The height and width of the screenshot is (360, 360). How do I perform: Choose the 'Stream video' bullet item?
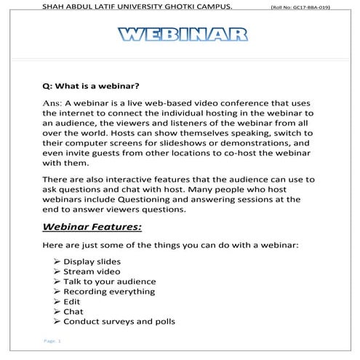pos(89,271)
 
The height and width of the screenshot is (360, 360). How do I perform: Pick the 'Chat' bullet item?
pos(73,311)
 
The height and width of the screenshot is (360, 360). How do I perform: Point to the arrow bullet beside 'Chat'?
pos(57,311)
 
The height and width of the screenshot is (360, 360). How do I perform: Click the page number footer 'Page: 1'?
pos(52,341)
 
